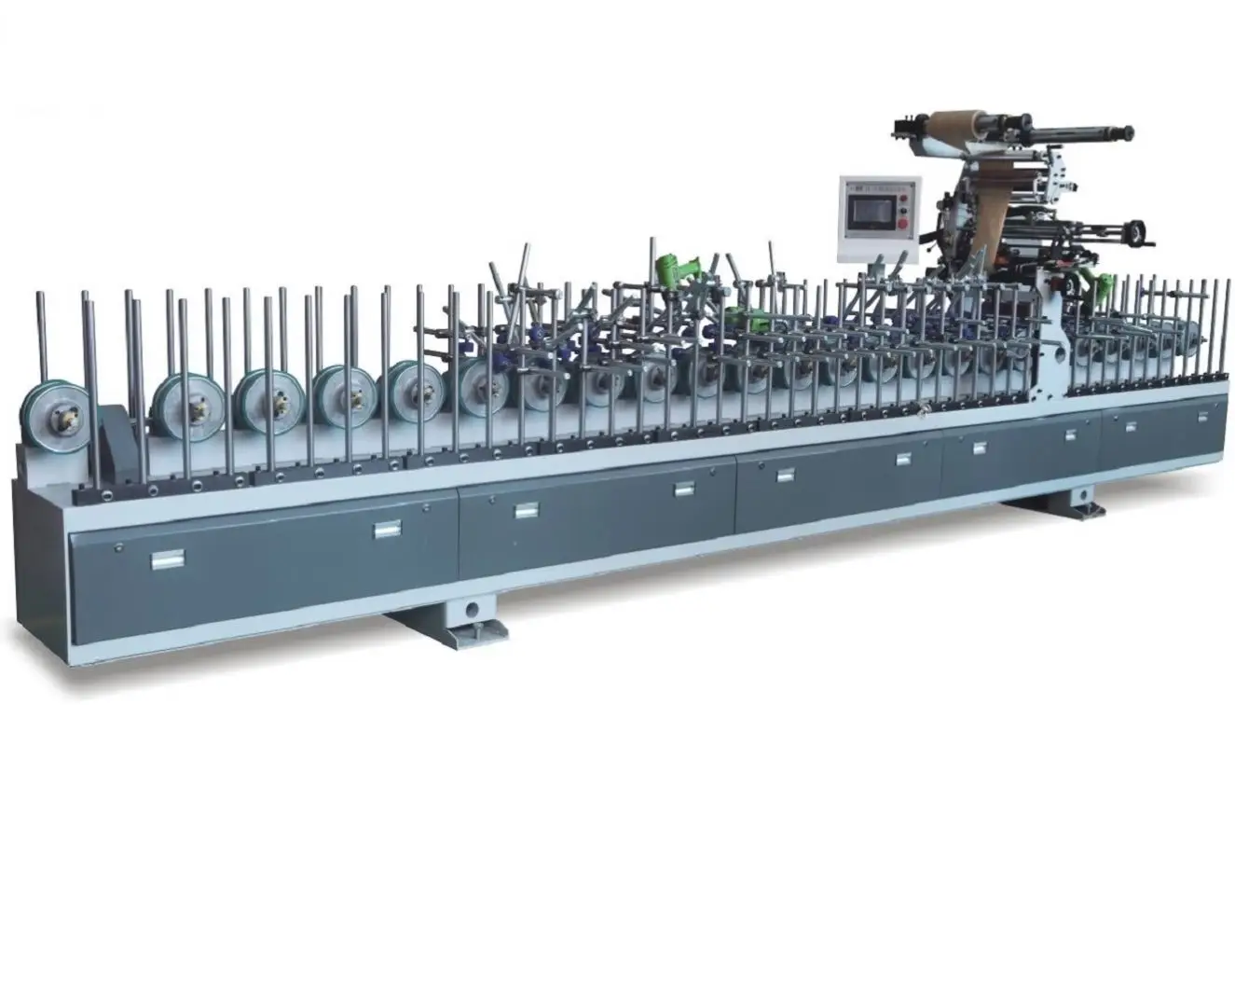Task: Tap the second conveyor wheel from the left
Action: (x=183, y=401)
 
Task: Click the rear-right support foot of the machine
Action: (x=1070, y=501)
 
